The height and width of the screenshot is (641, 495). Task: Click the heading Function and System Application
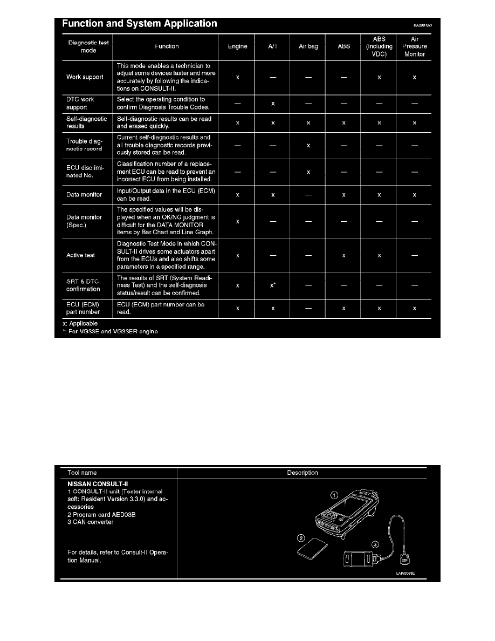point(140,24)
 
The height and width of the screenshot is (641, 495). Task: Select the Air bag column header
point(308,46)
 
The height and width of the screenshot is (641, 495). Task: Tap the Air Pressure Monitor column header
point(414,46)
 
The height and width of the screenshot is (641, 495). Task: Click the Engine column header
point(237,46)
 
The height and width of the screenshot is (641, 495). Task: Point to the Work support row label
point(85,77)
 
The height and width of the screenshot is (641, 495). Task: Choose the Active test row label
point(80,255)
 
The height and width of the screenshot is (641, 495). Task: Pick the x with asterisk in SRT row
point(273,285)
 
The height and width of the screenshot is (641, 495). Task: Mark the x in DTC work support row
point(273,104)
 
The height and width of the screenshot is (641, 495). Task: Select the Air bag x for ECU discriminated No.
point(308,172)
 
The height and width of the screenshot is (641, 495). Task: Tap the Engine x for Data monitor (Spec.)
point(237,221)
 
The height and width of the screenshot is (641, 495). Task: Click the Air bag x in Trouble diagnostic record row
point(308,145)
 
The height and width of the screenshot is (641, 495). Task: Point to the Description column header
point(302,473)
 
